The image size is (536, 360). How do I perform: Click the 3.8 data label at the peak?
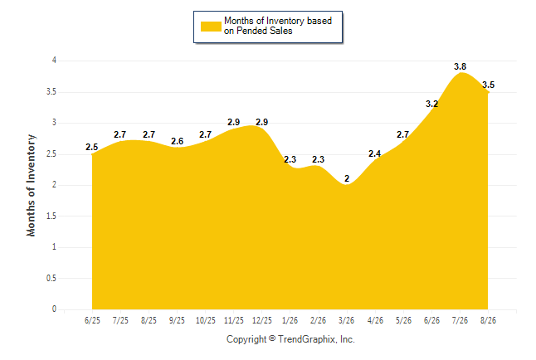pyautogui.click(x=460, y=66)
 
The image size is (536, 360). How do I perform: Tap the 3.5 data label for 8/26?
pyautogui.click(x=488, y=85)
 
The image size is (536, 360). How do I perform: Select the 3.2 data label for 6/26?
pyautogui.click(x=431, y=104)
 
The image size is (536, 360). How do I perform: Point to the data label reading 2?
pyautogui.click(x=347, y=178)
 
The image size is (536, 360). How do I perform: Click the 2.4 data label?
pyautogui.click(x=375, y=153)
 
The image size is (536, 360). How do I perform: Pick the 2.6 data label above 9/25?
pyautogui.click(x=177, y=141)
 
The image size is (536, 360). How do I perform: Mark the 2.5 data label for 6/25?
pyautogui.click(x=91, y=148)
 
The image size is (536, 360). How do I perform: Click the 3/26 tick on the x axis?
pyautogui.click(x=346, y=320)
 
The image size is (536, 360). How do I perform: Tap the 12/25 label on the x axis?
pyautogui.click(x=262, y=320)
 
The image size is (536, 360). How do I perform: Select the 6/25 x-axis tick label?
pyautogui.click(x=92, y=320)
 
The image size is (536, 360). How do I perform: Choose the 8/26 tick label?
pyautogui.click(x=488, y=320)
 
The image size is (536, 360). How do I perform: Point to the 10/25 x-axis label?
pyautogui.click(x=206, y=320)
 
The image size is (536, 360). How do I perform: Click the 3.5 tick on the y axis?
pyautogui.click(x=51, y=92)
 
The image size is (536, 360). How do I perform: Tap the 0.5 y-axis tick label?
pyautogui.click(x=51, y=278)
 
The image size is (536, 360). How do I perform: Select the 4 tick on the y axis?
pyautogui.click(x=54, y=61)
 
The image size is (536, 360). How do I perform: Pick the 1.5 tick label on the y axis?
pyautogui.click(x=51, y=216)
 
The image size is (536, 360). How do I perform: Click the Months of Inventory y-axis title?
pyautogui.click(x=31, y=185)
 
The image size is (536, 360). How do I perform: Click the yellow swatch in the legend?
pyautogui.click(x=211, y=27)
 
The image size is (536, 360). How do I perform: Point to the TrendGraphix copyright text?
pyautogui.click(x=290, y=339)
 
